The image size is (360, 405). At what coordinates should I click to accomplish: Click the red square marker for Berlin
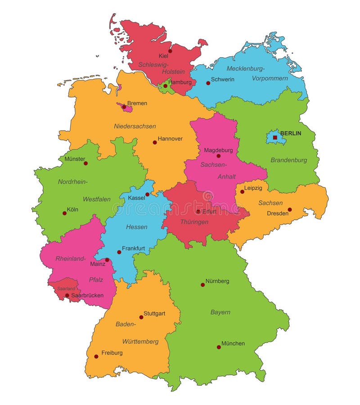point(275,137)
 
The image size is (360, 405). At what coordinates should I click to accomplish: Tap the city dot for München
point(219,347)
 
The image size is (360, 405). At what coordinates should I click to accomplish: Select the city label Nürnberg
point(217,281)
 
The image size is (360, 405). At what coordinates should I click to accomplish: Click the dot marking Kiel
point(170,51)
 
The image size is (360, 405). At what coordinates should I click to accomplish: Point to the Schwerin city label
point(222,80)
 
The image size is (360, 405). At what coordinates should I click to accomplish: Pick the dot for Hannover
point(154,142)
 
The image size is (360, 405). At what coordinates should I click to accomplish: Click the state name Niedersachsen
point(135,126)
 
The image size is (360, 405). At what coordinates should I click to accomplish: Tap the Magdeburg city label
point(218,150)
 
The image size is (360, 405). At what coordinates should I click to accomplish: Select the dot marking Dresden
point(289,209)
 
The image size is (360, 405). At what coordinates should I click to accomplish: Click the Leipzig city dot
point(242,192)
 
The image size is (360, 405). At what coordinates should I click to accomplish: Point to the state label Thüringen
point(194,222)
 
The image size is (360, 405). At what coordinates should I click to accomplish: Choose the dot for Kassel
point(147,194)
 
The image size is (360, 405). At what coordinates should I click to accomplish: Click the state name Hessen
point(136,227)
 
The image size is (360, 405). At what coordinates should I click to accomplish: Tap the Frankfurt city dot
point(119,252)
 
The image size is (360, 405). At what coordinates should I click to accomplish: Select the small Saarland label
point(66,288)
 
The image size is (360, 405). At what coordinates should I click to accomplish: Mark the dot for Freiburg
point(96,356)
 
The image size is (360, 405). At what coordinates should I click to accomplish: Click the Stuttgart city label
point(155,313)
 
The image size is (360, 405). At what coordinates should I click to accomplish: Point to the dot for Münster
point(85,163)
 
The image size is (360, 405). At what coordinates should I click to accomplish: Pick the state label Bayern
point(220,312)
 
